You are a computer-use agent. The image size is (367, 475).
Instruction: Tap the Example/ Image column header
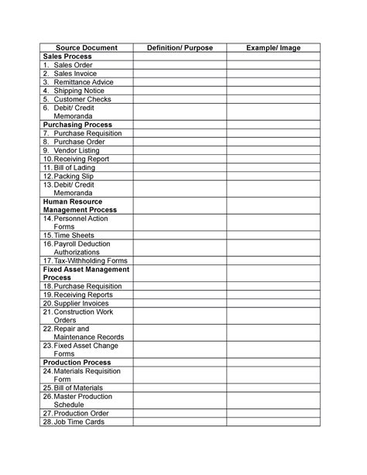point(273,48)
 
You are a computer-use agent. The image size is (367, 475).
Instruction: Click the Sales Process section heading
point(67,57)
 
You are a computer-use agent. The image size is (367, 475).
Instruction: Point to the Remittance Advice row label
point(84,82)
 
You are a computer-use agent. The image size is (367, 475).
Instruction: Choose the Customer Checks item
point(82,99)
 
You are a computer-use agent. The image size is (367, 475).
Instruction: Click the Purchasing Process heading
point(78,124)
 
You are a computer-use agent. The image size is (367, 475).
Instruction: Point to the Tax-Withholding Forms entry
point(86,260)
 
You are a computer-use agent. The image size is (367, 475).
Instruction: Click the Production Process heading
point(77,362)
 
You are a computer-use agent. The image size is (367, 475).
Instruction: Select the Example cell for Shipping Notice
point(273,91)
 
